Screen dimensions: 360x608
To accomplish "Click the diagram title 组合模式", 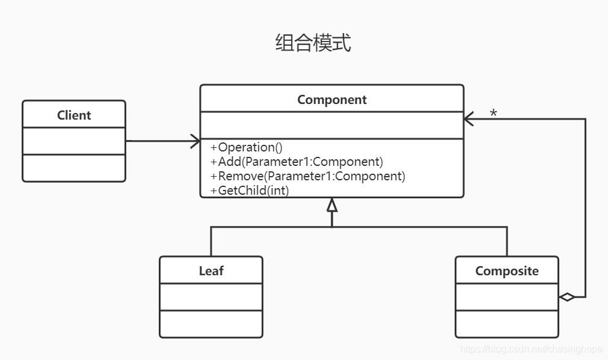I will pos(313,43).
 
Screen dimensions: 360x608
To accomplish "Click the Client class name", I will pos(74,115).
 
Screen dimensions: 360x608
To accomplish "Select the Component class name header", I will pos(332,100).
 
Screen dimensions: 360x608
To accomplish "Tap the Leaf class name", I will pos(211,271).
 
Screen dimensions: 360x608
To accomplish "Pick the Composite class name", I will pos(507,271).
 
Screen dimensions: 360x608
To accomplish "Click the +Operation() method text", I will pos(247,148).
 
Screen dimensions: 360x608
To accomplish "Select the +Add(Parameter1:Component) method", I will pos(296,162).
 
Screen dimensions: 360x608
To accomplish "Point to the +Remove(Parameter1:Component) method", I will pos(308,176).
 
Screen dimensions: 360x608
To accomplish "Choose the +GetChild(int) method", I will pos(250,191).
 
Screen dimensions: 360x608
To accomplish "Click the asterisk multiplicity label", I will pos(493,114).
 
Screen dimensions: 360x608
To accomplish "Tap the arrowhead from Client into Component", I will pos(195,141).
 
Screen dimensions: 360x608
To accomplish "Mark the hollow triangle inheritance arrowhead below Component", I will pos(332,206).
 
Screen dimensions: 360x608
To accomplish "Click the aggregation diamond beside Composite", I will pos(567,297).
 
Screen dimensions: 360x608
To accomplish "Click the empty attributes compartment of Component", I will pos(332,125).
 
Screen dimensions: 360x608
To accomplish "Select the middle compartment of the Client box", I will pos(74,141).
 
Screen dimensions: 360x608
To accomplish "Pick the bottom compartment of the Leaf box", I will pos(211,324).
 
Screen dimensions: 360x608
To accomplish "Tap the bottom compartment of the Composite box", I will pos(507,324).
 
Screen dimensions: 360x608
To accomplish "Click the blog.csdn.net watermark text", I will pos(532,349).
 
